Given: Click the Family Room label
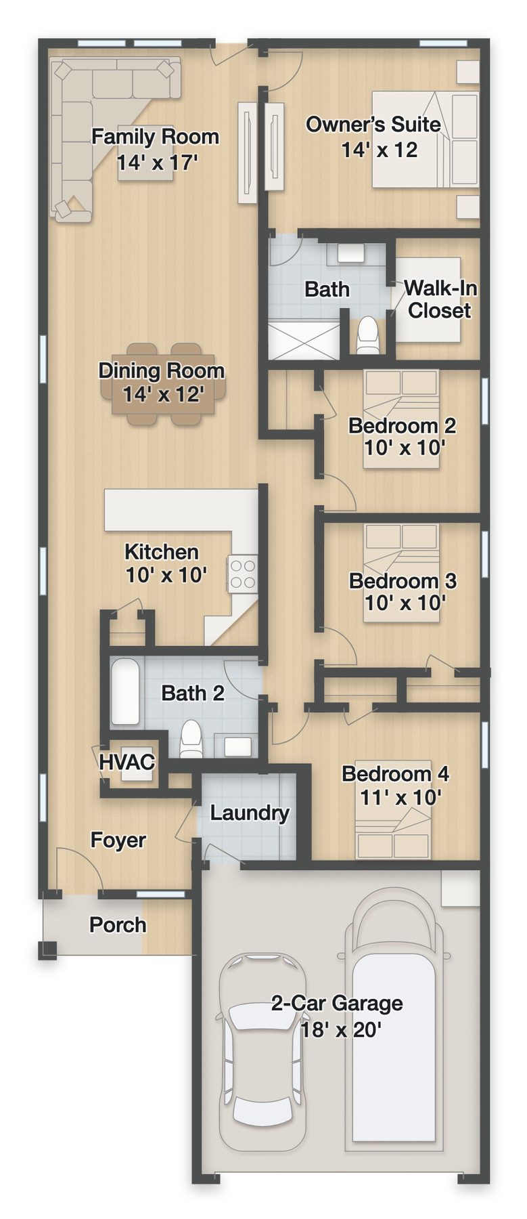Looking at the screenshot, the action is (x=156, y=137).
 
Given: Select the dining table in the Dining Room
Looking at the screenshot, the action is (x=163, y=383).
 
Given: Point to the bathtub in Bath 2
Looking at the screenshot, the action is (x=125, y=691).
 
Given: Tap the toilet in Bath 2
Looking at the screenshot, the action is (x=191, y=739).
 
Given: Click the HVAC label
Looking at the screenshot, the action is (x=127, y=761).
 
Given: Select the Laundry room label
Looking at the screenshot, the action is (x=250, y=813).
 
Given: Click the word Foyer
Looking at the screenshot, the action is (x=118, y=840).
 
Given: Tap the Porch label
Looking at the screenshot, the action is (x=118, y=924).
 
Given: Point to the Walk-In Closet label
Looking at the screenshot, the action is (x=440, y=299).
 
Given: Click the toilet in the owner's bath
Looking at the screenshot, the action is (x=368, y=336).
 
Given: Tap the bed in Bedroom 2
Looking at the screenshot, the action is (x=402, y=419).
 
